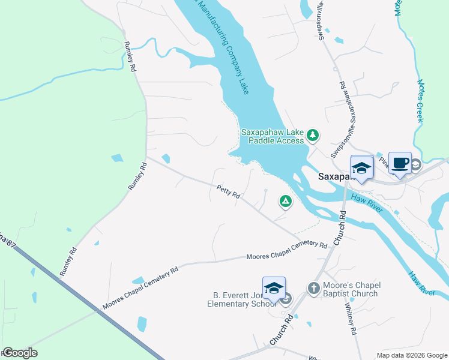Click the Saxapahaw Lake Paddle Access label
pos(274,136)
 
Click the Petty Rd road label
pos(229,193)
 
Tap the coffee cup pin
pos(400,163)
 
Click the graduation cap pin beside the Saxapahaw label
pos(362,169)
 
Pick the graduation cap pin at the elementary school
pos(274,289)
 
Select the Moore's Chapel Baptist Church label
pos(351,289)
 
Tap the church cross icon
pos(313,289)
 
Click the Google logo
pos(20,353)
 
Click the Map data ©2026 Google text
pos(411,355)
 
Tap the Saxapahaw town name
pos(334,177)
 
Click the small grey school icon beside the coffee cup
pos(415,164)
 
